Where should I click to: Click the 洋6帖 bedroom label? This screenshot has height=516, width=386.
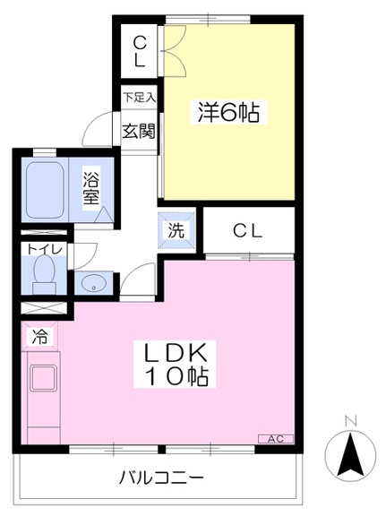(228, 112)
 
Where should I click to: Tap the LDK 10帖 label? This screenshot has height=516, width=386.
(175, 364)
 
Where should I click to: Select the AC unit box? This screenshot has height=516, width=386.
(276, 439)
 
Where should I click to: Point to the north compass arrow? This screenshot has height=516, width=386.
(350, 455)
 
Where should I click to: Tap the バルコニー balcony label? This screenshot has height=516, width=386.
(161, 477)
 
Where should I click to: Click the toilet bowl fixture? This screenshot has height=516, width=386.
(44, 275)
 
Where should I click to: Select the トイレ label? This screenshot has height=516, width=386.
(44, 249)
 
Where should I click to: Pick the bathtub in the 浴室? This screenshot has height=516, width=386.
(45, 191)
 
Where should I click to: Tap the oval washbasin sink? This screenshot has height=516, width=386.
(93, 283)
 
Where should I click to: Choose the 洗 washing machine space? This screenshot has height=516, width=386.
(176, 230)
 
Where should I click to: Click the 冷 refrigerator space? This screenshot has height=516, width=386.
(39, 336)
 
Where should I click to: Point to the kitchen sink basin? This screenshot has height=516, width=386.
(43, 377)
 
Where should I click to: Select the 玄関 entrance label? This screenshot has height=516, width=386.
(139, 132)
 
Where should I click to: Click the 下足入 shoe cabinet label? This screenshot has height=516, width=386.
(139, 98)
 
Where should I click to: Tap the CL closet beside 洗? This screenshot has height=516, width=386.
(248, 231)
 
